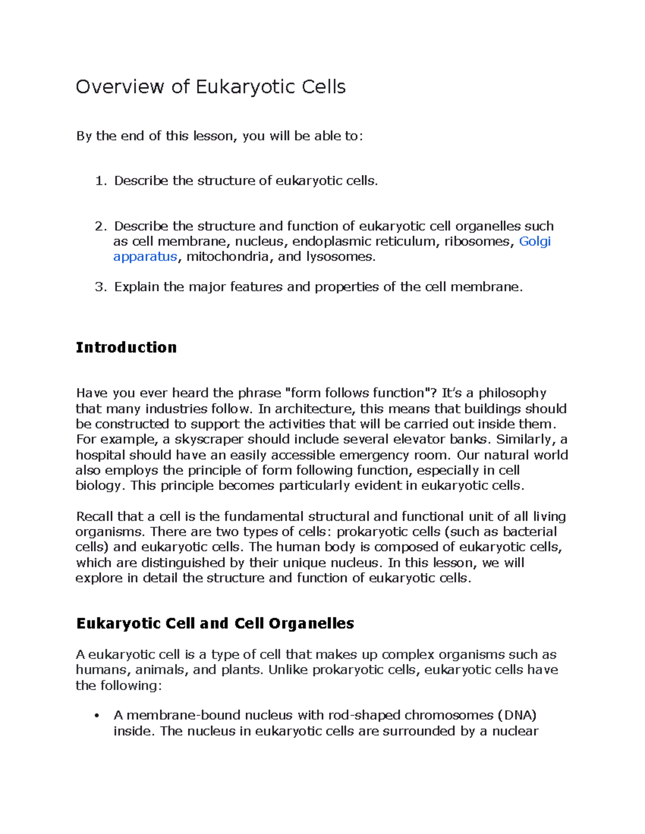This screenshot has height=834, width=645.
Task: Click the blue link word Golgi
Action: pos(535,242)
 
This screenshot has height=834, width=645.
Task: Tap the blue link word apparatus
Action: pos(145,257)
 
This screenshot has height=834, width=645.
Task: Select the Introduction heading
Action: pos(126,347)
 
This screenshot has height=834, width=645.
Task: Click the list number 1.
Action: pos(100,181)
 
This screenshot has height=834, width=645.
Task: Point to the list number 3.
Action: pos(100,287)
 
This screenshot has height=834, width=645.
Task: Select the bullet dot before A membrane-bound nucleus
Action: pos(97,716)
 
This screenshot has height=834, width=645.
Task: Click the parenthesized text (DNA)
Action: pos(517,715)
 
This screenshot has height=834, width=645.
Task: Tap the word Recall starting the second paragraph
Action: pos(95,517)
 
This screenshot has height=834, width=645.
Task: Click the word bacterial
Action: pos(529,532)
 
